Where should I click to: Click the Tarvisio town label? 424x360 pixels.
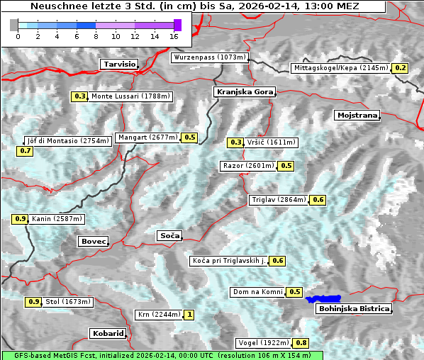tap(118, 64)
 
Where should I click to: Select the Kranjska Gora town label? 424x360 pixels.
tap(243, 92)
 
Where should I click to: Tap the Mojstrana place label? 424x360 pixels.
tap(357, 115)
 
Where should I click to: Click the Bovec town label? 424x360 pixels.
tap(93, 241)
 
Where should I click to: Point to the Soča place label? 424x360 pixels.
tap(169, 235)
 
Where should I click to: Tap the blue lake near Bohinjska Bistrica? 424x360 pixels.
tap(323, 299)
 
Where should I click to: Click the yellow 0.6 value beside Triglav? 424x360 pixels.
tap(318, 200)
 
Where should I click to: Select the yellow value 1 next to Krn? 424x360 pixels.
tap(189, 315)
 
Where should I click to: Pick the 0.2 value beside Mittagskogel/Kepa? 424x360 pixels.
tap(401, 68)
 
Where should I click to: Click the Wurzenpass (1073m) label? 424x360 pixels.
tap(210, 57)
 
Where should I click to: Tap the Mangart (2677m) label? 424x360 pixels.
tap(148, 137)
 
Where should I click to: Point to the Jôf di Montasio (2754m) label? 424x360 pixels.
tap(68, 141)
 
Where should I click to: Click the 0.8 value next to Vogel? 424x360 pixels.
tap(301, 343)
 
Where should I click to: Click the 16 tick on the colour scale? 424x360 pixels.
tap(174, 35)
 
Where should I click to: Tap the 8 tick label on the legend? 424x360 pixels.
tap(96, 35)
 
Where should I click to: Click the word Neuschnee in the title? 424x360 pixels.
tap(56, 6)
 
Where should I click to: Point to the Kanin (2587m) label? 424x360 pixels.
tap(57, 219)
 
